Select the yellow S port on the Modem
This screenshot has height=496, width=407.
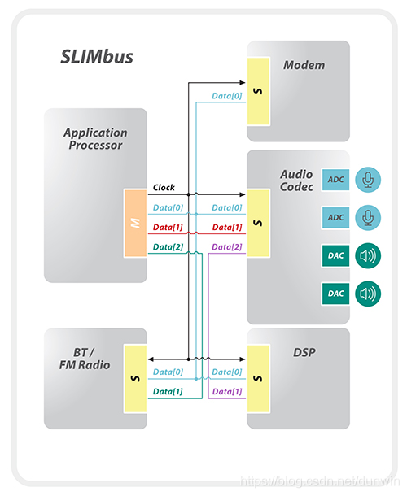[258, 89]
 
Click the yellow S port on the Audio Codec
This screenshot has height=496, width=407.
[258, 224]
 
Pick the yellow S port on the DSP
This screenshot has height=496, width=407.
[258, 376]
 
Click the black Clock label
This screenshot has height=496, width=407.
[164, 188]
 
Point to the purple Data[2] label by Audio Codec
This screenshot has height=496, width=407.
[227, 246]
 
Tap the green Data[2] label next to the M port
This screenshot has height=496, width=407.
[168, 246]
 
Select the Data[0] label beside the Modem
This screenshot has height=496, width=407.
[227, 96]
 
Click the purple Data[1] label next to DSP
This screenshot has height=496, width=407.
[227, 391]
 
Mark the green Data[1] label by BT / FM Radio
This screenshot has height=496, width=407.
[168, 391]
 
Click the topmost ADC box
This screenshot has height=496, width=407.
[335, 179]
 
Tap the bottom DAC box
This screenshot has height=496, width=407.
[335, 293]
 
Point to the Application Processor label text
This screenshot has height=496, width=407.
[95, 138]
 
